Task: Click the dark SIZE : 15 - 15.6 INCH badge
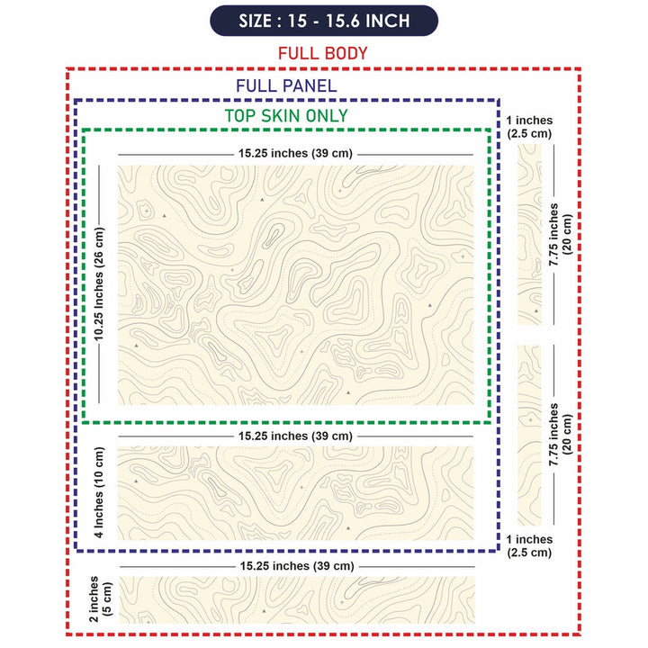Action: click(x=323, y=21)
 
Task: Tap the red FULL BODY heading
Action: click(x=323, y=53)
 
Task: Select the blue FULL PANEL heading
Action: click(x=286, y=86)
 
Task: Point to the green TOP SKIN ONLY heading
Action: click(x=286, y=116)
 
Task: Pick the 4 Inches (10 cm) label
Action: click(x=99, y=492)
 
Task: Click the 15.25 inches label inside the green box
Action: click(x=295, y=153)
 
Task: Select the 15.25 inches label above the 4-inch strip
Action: click(x=295, y=436)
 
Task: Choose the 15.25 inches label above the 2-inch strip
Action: click(x=295, y=566)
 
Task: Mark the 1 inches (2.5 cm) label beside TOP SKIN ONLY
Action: click(x=529, y=127)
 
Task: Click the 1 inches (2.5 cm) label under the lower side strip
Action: click(x=529, y=545)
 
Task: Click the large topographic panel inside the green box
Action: click(x=295, y=284)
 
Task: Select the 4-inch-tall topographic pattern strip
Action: click(x=295, y=492)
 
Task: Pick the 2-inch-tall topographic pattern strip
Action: click(x=295, y=599)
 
